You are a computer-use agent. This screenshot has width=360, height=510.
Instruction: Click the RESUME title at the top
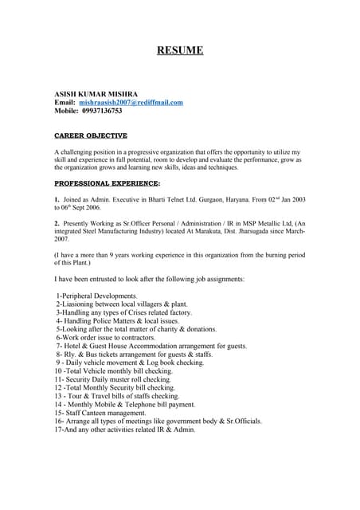point(180,51)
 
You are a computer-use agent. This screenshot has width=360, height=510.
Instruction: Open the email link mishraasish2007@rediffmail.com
point(131,103)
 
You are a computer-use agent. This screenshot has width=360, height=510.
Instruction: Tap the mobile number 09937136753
point(102,112)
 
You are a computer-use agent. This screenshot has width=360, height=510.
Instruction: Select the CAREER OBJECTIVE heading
point(91,136)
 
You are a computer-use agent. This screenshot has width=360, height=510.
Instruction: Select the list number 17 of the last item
point(58,430)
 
